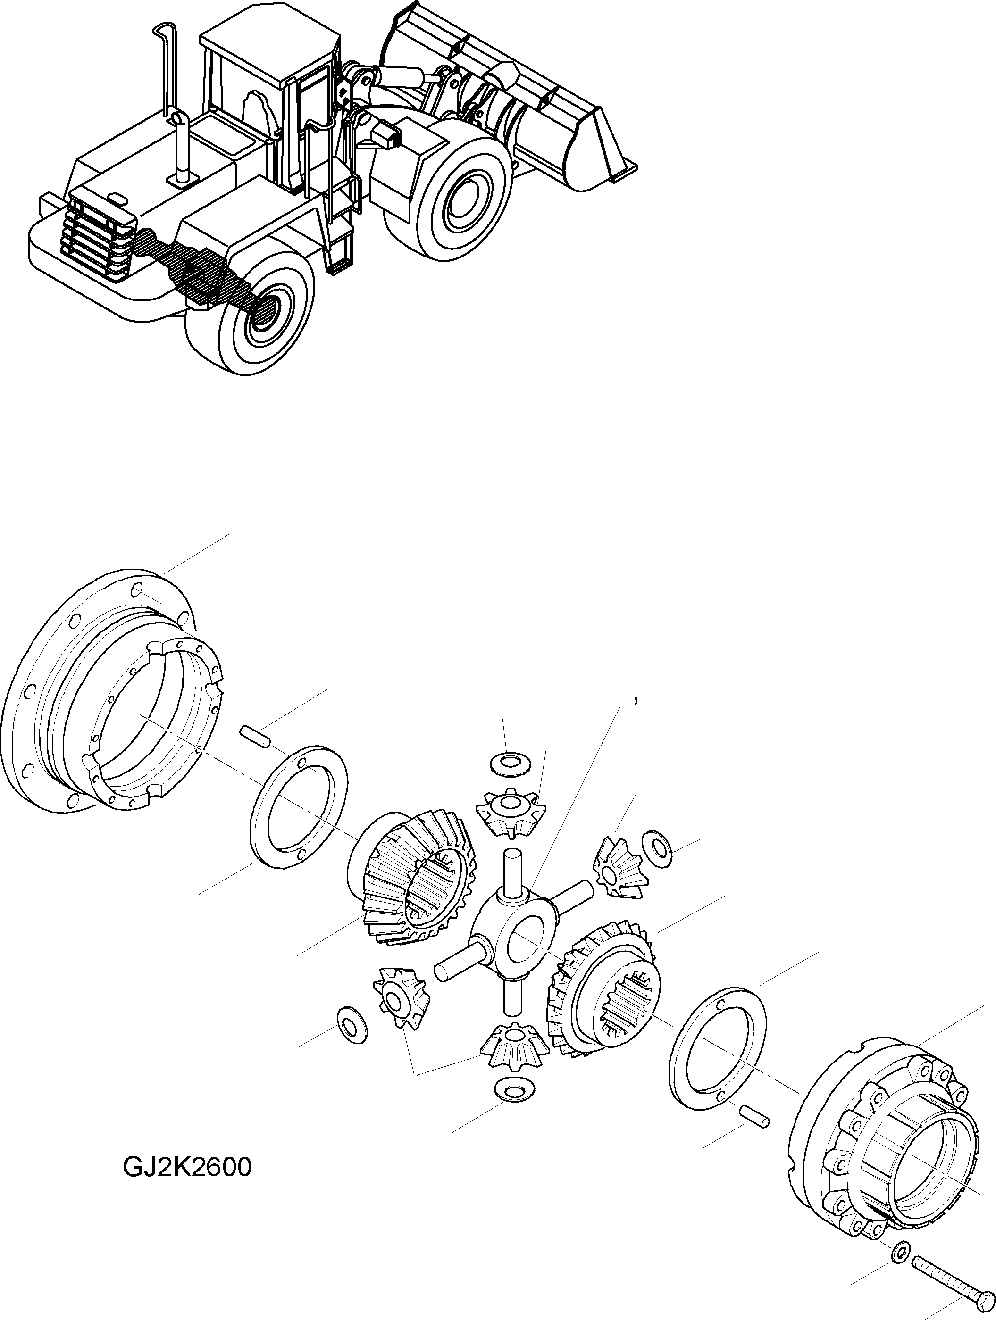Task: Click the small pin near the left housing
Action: coord(256,735)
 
